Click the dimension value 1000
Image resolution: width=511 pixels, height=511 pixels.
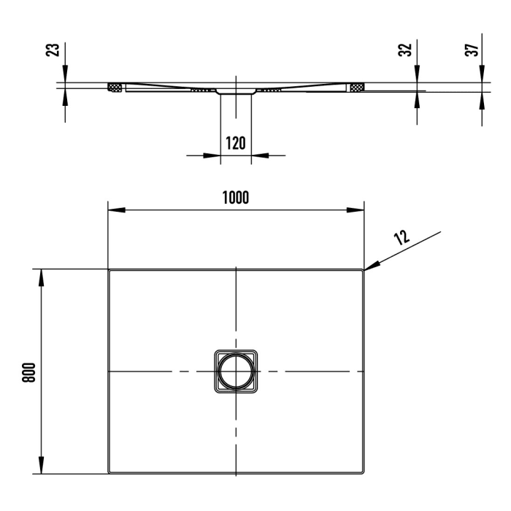pos(237,198)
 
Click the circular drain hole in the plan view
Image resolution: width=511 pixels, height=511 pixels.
pos(236,372)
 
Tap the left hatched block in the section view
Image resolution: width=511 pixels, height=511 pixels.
pos(115,88)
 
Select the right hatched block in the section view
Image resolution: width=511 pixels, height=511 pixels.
pos(356,88)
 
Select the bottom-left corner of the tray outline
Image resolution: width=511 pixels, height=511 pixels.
pos(109,472)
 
